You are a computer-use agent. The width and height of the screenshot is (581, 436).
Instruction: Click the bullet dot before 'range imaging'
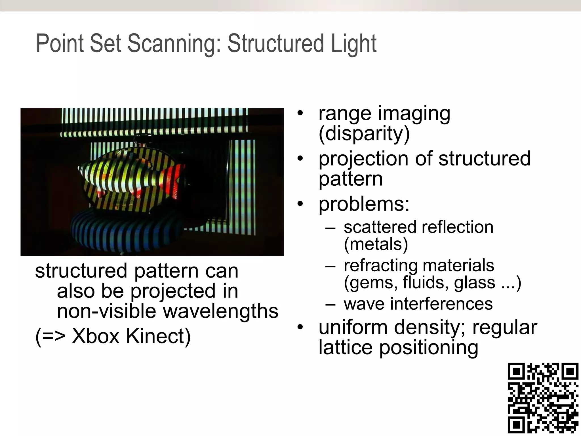point(300,114)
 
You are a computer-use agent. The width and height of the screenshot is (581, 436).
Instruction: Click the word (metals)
point(376,244)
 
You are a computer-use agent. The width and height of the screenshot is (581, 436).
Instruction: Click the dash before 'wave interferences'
point(330,304)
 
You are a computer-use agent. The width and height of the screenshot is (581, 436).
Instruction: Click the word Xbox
point(95,336)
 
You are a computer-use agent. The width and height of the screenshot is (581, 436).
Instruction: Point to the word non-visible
point(106,311)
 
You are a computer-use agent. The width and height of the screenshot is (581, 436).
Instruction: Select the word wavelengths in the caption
point(220,312)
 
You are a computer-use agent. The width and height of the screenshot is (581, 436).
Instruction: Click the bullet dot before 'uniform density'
point(300,328)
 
